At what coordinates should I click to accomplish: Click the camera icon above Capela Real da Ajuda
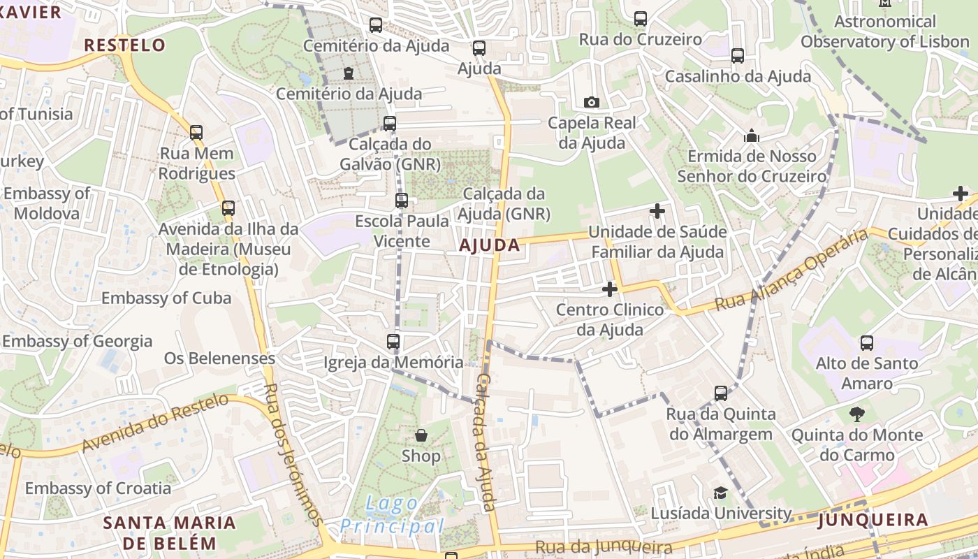coord(591,103)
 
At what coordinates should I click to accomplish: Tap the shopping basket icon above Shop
coord(421,435)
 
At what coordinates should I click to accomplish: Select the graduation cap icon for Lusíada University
coord(720,493)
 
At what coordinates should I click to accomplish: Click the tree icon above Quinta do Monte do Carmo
coord(856,414)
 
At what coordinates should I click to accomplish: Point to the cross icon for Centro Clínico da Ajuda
coord(610,289)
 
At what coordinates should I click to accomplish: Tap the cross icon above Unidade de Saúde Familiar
coord(657,210)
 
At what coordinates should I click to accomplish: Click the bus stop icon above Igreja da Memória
coord(393,342)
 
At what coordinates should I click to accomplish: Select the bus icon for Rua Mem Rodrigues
coord(196,132)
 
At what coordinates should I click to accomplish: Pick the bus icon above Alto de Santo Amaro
coord(867,342)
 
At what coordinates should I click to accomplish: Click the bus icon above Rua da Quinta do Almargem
coord(721,393)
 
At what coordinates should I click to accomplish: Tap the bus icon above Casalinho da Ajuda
coord(738,56)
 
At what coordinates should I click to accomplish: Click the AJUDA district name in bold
coord(490,245)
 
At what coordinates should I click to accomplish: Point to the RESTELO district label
coord(125,46)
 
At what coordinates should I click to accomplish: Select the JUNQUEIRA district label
coord(873,520)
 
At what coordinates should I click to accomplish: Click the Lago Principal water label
coord(393,515)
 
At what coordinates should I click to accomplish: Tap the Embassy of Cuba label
coord(166,298)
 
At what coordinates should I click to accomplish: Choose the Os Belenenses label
coord(219,358)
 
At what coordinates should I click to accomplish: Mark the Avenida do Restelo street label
coord(155,422)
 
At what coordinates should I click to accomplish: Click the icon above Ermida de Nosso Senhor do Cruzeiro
coord(752,136)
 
